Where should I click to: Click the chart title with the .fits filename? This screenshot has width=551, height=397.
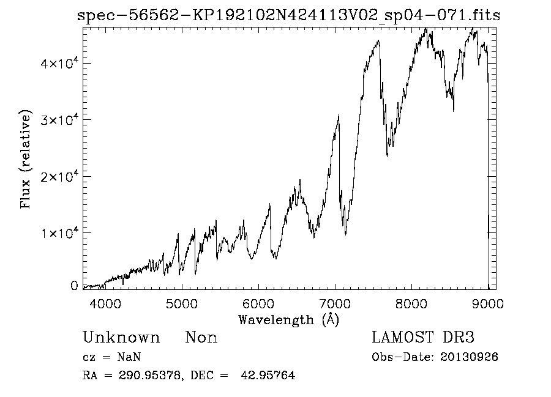pos(288,16)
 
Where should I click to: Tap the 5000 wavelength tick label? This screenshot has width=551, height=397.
pos(181,303)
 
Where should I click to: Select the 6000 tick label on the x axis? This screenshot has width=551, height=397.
pos(258,303)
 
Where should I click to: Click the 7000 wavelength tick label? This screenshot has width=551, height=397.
pos(334,303)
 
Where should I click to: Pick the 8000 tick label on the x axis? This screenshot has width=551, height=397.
pos(411,303)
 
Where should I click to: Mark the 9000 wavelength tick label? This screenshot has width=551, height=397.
pos(487,303)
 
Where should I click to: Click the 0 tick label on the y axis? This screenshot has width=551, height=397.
pos(74,286)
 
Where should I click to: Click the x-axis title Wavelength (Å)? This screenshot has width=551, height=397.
pos(288,319)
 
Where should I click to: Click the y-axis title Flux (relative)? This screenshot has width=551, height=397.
pos(26,160)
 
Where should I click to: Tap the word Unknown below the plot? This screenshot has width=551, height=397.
pos(121,338)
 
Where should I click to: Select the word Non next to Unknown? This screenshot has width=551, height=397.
pos(201,338)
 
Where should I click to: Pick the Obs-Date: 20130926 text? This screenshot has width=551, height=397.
pos(435,357)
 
